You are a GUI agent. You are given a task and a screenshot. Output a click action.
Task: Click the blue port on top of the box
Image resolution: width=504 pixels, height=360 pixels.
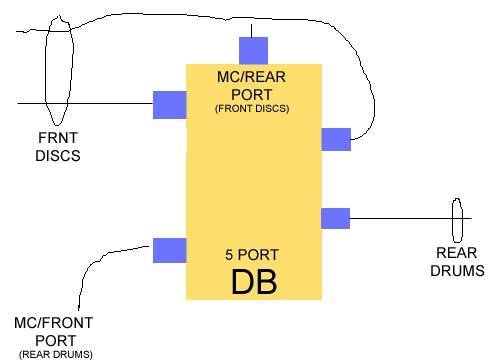[x=254, y=50]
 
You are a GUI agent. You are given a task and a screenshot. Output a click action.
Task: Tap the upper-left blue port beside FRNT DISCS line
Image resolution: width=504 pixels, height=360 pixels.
[x=169, y=104]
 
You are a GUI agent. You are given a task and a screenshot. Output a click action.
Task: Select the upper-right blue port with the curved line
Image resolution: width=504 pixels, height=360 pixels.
[x=336, y=139]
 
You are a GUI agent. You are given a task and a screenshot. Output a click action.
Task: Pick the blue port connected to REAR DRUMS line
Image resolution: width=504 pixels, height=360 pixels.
[x=335, y=218]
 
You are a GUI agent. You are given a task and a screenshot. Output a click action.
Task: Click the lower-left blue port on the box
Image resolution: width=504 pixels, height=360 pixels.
[x=169, y=250]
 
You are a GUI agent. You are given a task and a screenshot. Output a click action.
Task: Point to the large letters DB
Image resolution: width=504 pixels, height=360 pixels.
[x=253, y=281]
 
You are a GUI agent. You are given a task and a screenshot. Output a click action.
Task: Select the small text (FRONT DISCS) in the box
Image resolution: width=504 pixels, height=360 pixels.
[x=252, y=108]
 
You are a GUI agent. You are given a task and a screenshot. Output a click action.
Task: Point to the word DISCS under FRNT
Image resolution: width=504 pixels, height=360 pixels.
[x=57, y=156]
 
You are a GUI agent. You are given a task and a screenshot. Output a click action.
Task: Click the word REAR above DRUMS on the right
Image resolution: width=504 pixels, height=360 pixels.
[x=457, y=254]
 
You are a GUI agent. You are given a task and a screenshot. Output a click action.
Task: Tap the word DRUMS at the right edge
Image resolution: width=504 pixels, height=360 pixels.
[x=457, y=270]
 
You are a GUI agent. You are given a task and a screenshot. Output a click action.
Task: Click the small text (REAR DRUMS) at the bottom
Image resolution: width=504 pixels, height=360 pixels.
[x=53, y=353]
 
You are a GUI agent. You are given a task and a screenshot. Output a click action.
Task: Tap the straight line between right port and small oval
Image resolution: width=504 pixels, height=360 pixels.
[x=400, y=218]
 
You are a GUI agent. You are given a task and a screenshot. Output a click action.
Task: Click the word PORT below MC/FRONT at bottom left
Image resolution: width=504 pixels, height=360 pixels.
[x=53, y=339]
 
